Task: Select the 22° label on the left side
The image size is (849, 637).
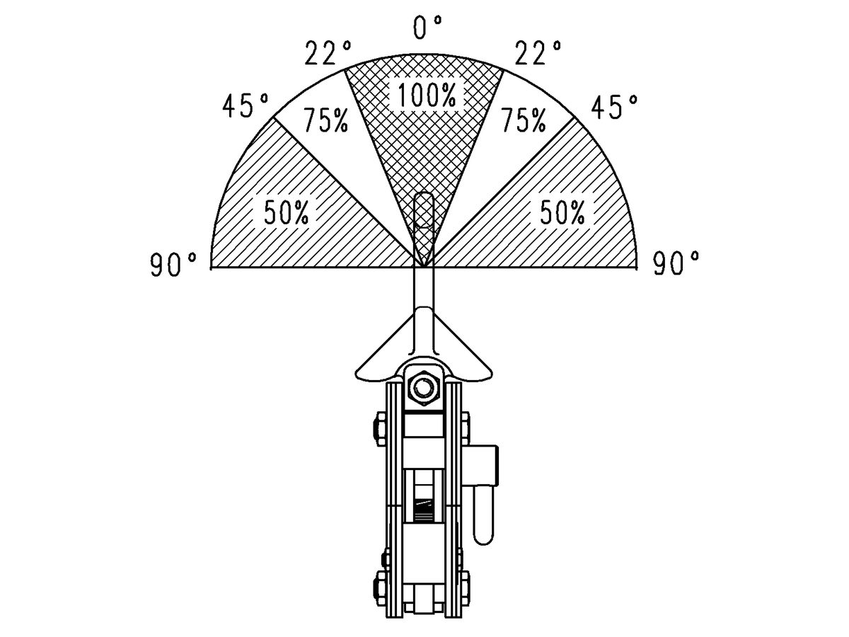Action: (328, 54)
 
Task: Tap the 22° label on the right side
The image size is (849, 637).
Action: (538, 54)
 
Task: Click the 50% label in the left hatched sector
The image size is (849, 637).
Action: (287, 213)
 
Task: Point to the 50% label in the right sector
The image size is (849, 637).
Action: (562, 213)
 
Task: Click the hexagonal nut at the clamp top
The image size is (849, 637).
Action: (424, 388)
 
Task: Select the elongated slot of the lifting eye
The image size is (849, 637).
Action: (423, 210)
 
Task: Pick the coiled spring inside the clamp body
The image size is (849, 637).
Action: (424, 509)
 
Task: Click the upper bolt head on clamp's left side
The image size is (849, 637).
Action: (376, 429)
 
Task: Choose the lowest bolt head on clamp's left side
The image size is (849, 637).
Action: (376, 585)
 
